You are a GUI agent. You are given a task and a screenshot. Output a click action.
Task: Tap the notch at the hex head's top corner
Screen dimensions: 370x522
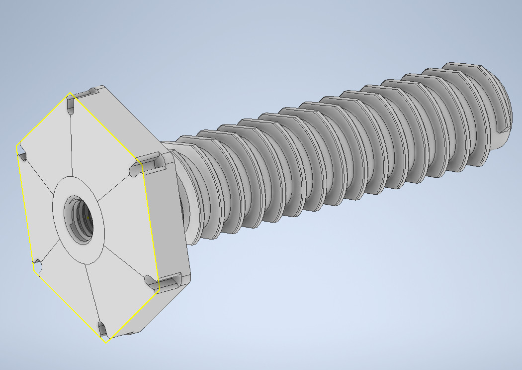coord(70,103)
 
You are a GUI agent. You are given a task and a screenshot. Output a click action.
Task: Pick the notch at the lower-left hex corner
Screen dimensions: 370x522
coord(38,266)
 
